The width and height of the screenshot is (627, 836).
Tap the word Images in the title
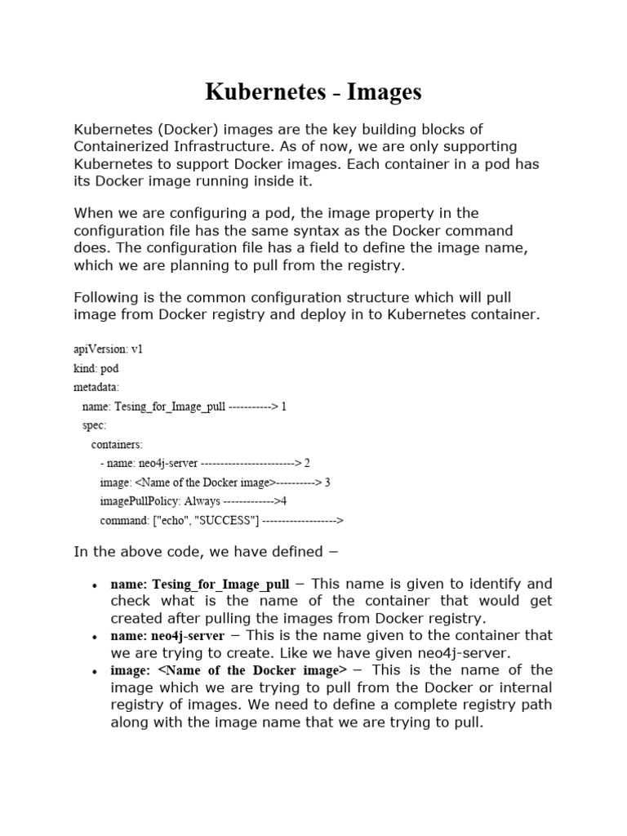point(384,92)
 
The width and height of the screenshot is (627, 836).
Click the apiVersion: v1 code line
point(109,349)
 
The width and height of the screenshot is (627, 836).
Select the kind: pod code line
point(96,368)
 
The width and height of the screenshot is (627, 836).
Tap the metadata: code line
point(96,387)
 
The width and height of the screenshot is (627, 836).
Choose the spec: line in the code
point(95,425)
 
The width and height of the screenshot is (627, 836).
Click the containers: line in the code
point(117,444)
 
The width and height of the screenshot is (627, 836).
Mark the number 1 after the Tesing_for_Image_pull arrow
point(283,407)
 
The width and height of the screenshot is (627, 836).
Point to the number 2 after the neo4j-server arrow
point(307,463)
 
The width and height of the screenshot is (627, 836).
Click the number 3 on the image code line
point(327,482)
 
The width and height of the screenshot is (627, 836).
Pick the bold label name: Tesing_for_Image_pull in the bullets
point(200,585)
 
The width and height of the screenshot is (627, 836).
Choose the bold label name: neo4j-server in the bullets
point(167,636)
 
